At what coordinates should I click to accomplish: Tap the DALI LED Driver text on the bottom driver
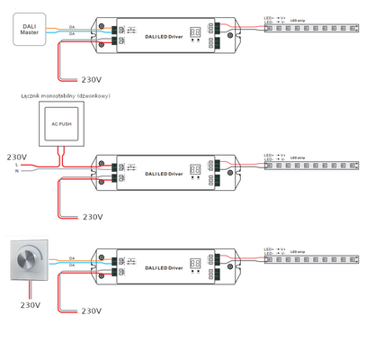(x=163, y=268)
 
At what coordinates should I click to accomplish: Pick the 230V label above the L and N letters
(x=18, y=157)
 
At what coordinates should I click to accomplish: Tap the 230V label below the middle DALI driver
(x=94, y=217)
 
